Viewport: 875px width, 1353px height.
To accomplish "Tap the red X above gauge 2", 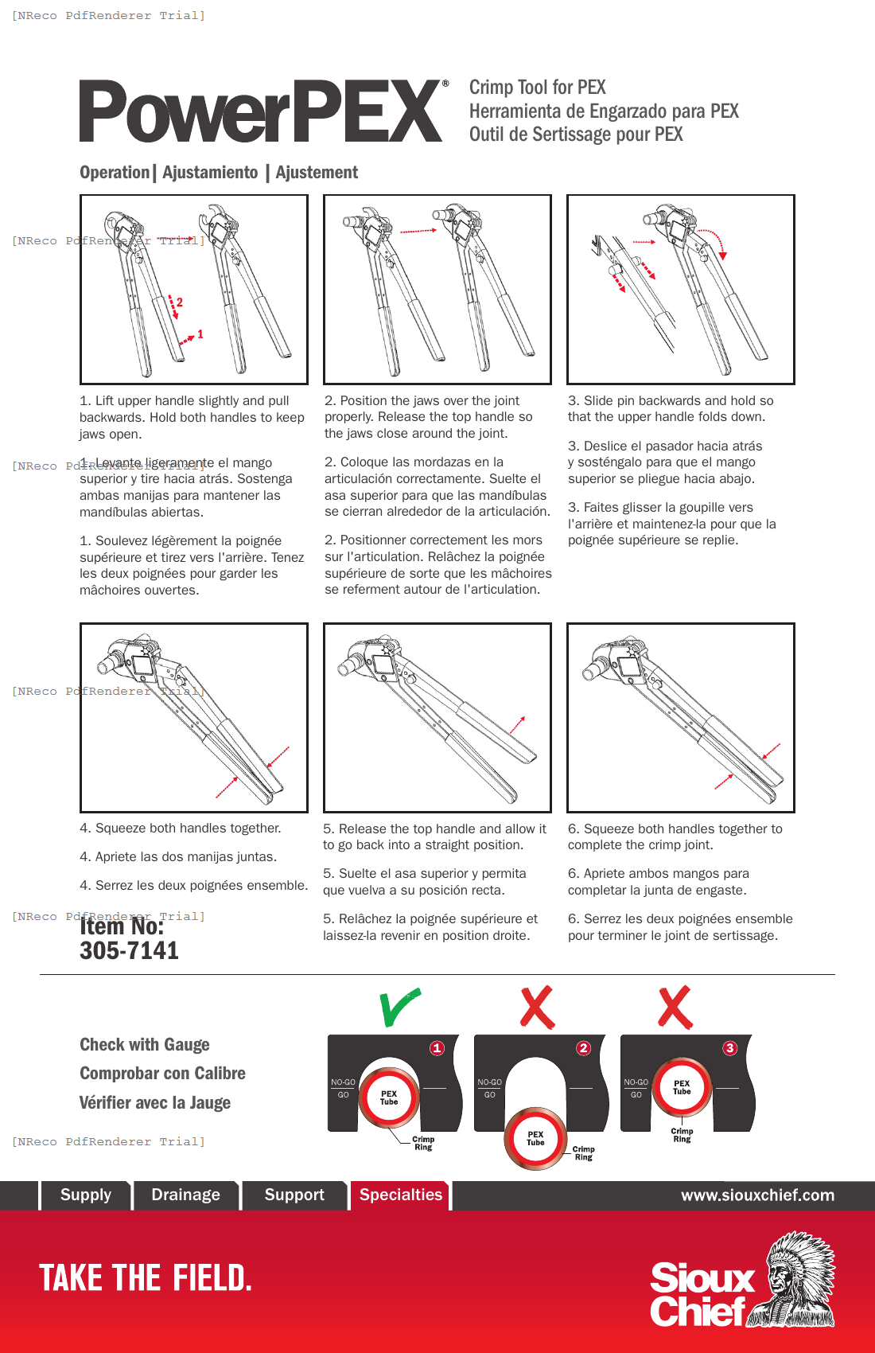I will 537,1008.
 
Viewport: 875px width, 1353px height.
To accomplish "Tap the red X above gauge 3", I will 675,1008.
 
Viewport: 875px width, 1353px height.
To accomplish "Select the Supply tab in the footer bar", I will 86,1195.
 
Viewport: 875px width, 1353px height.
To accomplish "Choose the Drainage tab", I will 185,1195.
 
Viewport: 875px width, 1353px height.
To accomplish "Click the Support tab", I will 294,1195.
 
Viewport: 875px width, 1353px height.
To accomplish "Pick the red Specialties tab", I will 400,1195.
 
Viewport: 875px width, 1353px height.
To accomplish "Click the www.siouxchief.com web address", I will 757,1195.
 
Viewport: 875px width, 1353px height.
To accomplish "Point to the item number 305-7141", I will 129,950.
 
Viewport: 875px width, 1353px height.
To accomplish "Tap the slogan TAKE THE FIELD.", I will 146,1278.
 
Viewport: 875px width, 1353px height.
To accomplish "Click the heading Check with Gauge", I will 145,1044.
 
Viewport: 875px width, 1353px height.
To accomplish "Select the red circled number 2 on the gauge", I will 583,1048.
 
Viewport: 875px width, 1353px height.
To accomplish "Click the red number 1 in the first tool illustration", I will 200,334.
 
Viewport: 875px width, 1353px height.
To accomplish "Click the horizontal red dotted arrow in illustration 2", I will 418,231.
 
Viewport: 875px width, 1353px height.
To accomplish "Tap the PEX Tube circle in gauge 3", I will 682,1087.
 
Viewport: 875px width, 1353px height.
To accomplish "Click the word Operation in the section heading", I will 115,172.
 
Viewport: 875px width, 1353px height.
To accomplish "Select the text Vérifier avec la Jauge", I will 155,1102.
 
